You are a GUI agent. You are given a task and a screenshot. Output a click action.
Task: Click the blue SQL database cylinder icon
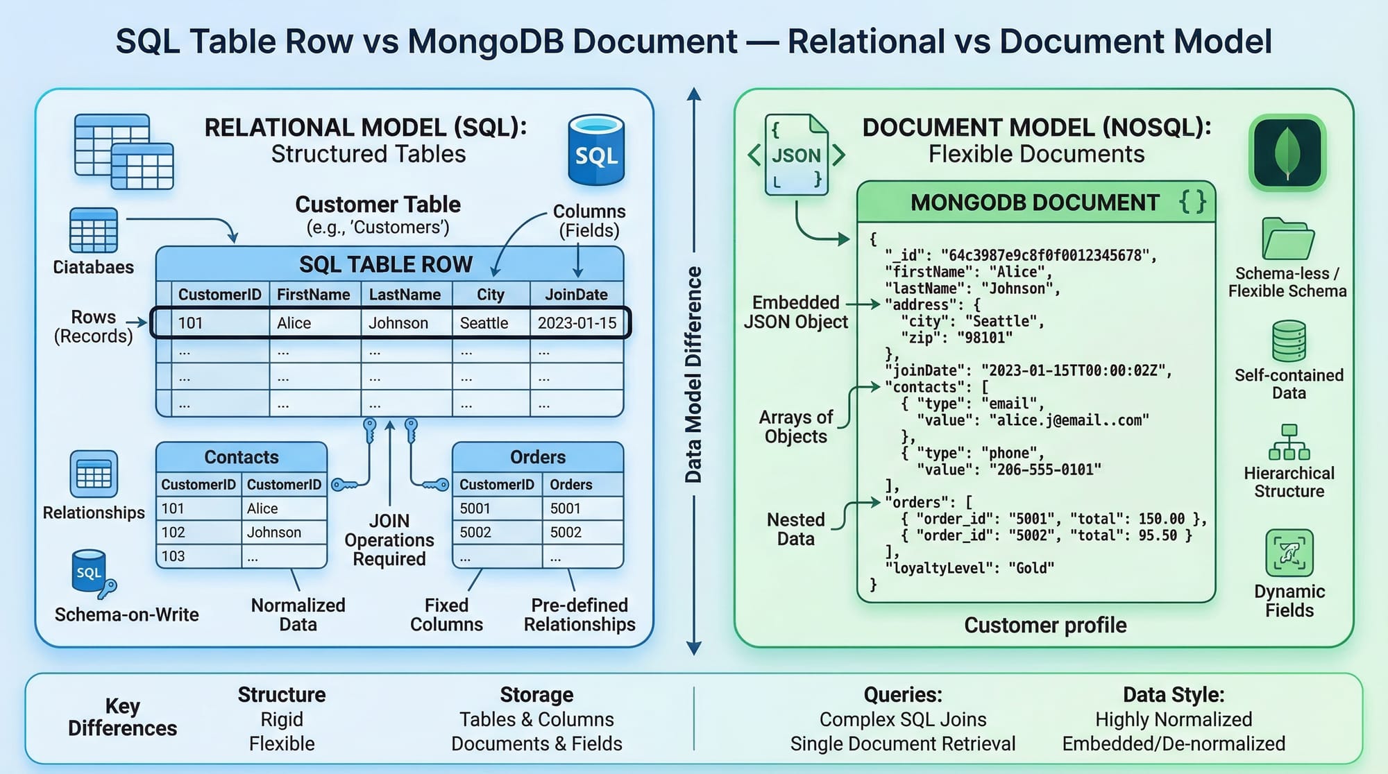click(595, 150)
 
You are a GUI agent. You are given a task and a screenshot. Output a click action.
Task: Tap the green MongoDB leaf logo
click(1287, 153)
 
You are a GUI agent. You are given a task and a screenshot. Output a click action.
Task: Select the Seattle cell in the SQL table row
click(484, 323)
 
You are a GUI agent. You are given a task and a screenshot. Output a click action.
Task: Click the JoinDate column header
click(576, 295)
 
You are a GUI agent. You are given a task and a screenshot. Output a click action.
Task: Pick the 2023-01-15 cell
click(577, 323)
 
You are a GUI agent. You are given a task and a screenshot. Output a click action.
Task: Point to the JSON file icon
click(797, 155)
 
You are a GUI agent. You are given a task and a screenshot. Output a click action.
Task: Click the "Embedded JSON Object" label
click(796, 312)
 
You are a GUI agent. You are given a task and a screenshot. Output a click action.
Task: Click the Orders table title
click(537, 457)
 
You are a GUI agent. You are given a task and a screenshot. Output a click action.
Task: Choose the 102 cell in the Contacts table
click(173, 533)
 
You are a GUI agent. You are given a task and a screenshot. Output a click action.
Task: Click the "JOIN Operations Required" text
click(389, 540)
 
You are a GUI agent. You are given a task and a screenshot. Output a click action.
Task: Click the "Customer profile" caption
click(1045, 626)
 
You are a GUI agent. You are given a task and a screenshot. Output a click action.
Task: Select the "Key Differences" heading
click(122, 717)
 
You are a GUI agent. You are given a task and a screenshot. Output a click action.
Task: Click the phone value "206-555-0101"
click(1045, 470)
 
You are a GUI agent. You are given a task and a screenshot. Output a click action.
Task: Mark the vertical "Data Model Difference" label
click(693, 375)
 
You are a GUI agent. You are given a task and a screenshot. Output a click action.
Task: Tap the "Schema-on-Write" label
click(126, 615)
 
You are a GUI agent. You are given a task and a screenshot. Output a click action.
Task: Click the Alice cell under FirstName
click(294, 323)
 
